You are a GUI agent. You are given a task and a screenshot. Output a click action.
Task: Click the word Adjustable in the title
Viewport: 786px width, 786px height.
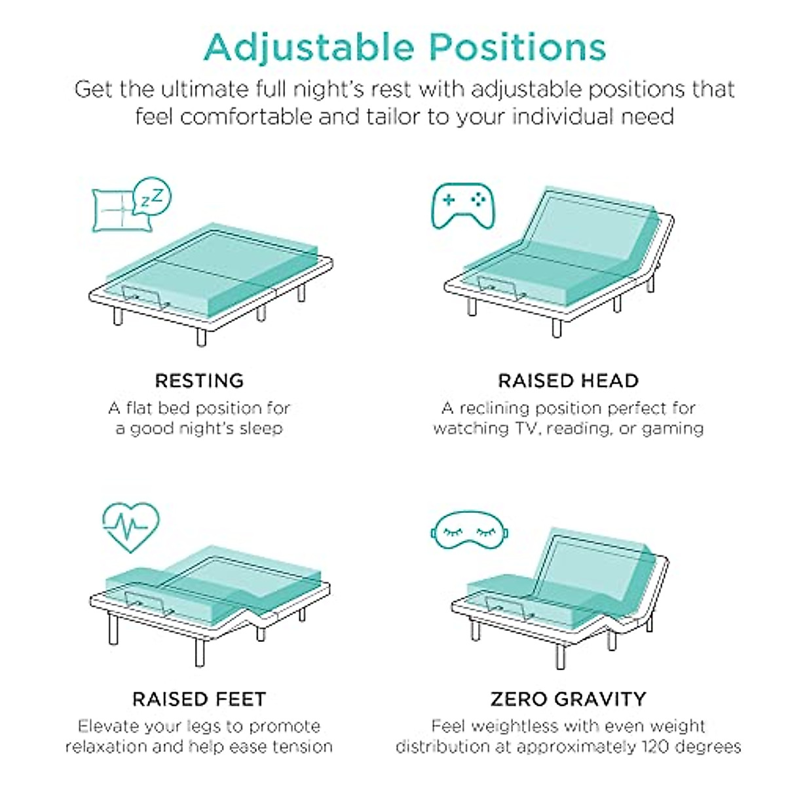click(x=309, y=48)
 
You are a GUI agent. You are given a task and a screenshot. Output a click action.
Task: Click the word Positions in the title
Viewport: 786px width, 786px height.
click(x=517, y=48)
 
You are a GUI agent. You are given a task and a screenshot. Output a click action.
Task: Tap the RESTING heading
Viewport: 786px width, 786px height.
click(x=199, y=381)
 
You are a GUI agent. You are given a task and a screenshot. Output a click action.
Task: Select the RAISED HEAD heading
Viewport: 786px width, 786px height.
click(x=568, y=381)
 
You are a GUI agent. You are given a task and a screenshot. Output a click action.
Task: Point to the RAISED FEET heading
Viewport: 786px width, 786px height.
click(x=199, y=699)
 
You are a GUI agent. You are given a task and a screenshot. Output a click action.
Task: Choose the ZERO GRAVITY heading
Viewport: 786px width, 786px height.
click(x=568, y=699)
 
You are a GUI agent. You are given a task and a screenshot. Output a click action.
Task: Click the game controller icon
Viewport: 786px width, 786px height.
click(x=463, y=206)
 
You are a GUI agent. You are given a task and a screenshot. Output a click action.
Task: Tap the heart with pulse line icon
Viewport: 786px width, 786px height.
click(x=131, y=526)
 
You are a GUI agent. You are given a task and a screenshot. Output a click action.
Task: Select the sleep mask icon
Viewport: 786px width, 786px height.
click(x=470, y=532)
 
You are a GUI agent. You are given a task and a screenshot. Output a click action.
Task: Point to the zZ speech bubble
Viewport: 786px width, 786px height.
click(x=154, y=195)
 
